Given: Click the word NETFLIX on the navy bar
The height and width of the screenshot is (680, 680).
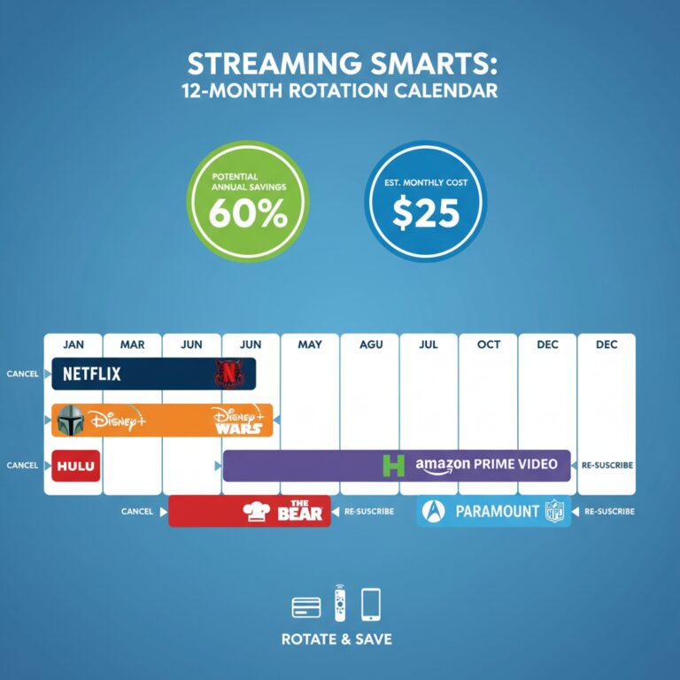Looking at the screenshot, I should coord(92,374).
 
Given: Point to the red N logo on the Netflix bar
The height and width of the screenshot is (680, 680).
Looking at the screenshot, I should coord(228,375).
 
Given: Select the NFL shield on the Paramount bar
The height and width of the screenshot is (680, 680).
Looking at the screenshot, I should coord(555,512).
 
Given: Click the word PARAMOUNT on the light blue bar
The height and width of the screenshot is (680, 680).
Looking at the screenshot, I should coord(497,512).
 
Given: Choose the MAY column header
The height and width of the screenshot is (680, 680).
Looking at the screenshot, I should coord(310,344).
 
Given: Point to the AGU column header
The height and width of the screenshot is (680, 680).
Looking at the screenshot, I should coord(369,344).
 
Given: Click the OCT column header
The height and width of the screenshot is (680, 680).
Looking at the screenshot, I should coord(488,344).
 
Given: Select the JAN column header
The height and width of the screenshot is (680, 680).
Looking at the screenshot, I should coord(73,344).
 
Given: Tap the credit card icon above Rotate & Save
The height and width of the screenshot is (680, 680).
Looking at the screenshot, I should coord(306,607).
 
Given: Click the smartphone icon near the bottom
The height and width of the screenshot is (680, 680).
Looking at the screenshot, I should coord(371,604).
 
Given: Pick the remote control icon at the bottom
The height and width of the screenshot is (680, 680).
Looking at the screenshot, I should coord(339,603).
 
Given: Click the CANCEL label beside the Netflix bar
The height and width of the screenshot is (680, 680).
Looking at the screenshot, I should coord(22,374).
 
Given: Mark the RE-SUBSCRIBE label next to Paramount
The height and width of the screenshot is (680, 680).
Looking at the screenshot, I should coord(609,512).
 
